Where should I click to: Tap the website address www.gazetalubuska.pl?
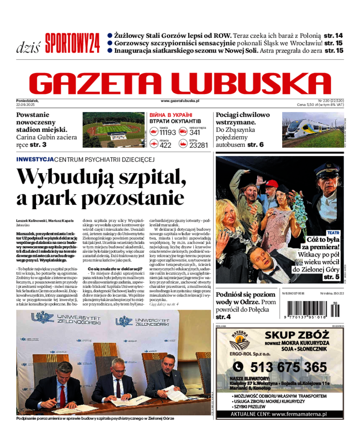point(180,102)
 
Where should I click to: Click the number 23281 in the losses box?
point(199,145)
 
